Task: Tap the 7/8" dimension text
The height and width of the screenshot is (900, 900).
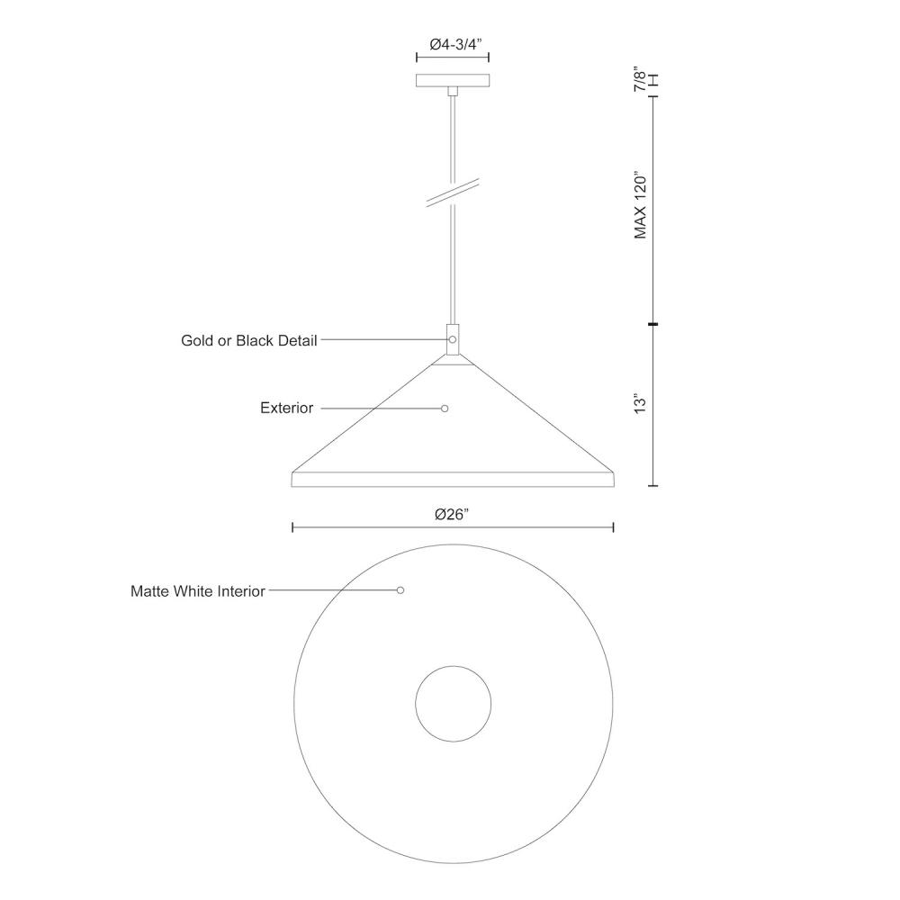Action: click(639, 79)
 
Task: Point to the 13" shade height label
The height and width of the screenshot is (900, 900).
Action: click(640, 403)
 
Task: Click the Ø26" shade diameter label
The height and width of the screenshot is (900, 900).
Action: click(452, 515)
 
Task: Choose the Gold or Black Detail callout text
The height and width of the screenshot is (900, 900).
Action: click(249, 340)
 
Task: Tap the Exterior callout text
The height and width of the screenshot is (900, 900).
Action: click(286, 408)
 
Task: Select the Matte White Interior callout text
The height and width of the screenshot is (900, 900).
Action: click(198, 591)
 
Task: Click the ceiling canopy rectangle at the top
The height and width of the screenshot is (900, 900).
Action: click(453, 80)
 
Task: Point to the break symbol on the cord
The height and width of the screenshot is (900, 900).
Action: click(453, 193)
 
